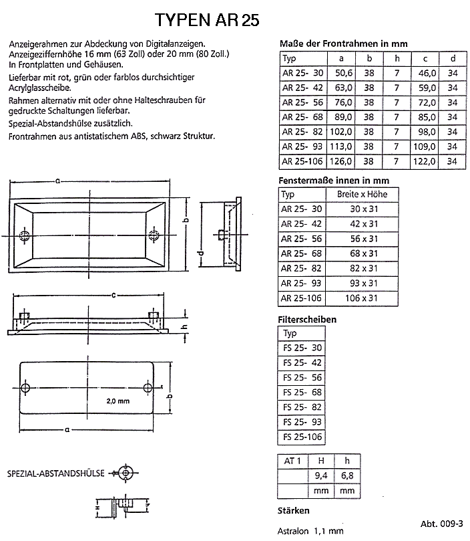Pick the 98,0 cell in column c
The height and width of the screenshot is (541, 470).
(x=425, y=131)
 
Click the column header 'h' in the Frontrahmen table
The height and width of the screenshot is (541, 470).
(x=397, y=58)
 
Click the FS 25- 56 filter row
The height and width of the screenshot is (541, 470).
(x=302, y=378)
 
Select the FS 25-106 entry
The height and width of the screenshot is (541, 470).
(x=302, y=437)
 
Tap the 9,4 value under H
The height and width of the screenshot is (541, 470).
(x=321, y=476)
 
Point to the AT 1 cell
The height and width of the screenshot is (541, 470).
(x=292, y=461)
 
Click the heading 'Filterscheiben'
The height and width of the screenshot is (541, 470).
(x=306, y=320)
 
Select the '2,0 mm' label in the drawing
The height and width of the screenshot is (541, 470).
(x=117, y=401)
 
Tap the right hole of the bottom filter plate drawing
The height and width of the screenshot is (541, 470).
(x=147, y=388)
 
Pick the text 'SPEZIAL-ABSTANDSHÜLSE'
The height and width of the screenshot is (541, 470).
(x=55, y=473)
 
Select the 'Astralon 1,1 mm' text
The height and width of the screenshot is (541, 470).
(x=310, y=530)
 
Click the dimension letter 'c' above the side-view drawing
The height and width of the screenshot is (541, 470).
(x=115, y=294)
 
